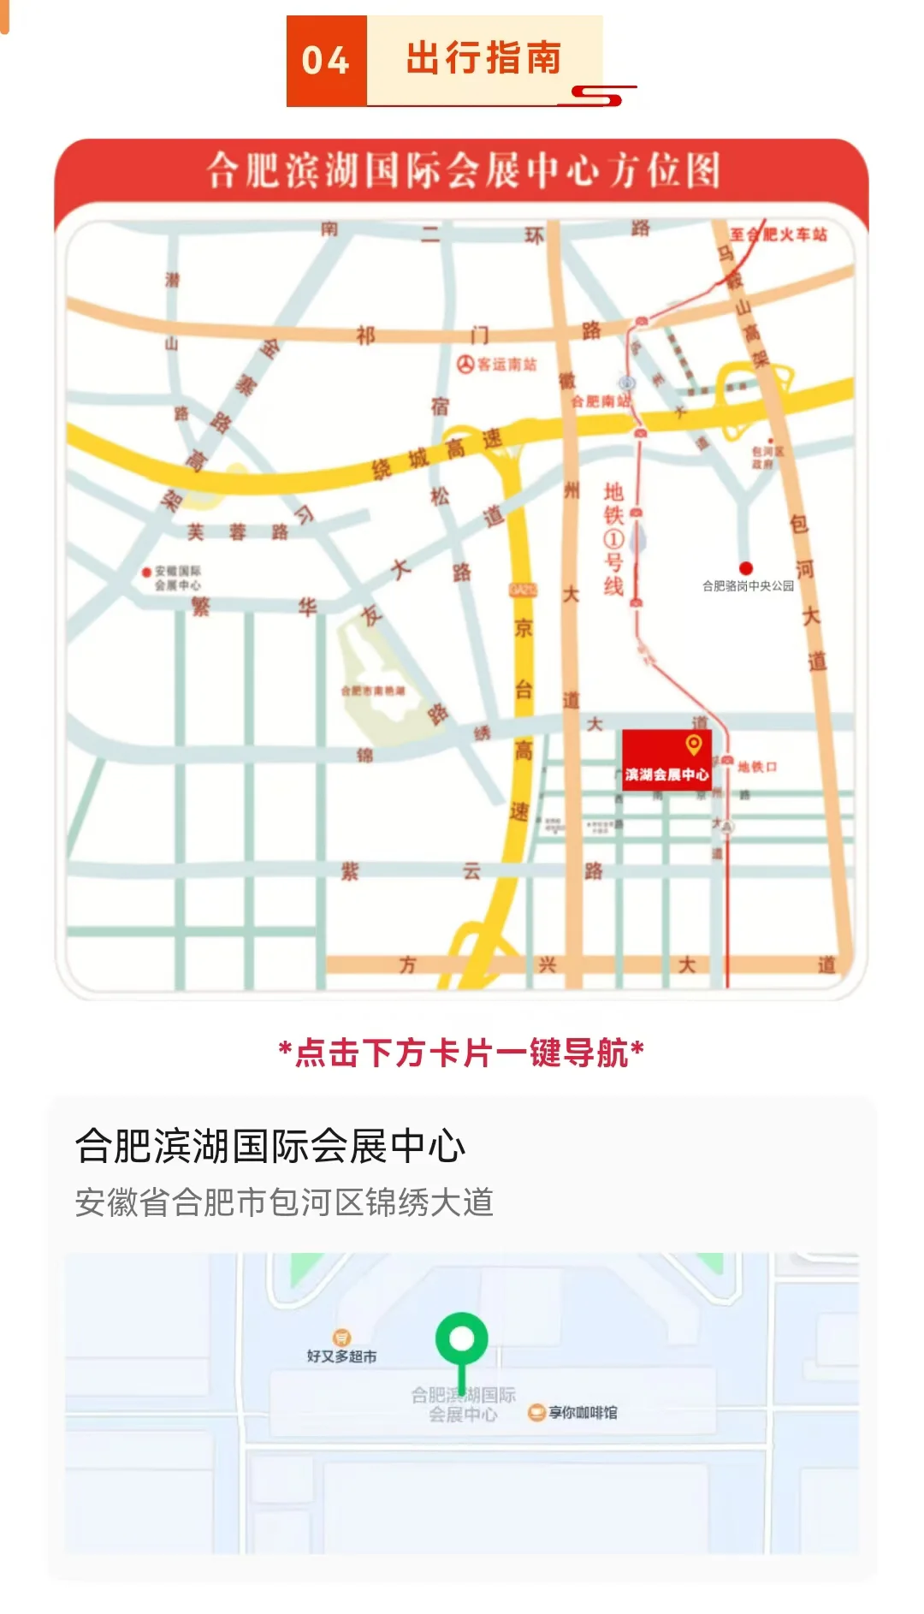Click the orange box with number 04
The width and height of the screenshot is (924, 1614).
[x=326, y=61]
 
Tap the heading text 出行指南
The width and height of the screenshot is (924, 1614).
[x=483, y=59]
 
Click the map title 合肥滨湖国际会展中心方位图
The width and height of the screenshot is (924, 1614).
[x=463, y=170]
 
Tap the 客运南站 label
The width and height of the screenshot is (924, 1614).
[x=506, y=365]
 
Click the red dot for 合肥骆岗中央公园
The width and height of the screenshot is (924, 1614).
[x=746, y=567]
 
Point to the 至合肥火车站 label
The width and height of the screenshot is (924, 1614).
[x=779, y=234]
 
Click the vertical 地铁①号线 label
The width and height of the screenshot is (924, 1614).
[x=613, y=539]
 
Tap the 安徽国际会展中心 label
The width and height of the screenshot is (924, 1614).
[x=177, y=578]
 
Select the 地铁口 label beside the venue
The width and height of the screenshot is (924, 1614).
[x=757, y=767]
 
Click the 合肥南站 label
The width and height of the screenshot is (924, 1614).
[x=601, y=401]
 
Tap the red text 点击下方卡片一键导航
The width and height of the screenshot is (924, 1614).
[x=462, y=1053]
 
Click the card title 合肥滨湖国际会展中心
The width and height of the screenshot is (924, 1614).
[x=270, y=1146]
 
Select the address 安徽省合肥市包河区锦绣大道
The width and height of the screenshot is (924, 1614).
[x=284, y=1202]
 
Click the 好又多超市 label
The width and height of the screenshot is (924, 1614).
[x=341, y=1356]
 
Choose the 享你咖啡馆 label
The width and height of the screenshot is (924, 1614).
[x=583, y=1412]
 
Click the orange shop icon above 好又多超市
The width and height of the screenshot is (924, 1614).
[x=341, y=1337]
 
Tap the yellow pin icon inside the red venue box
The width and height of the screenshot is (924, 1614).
[x=694, y=745]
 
